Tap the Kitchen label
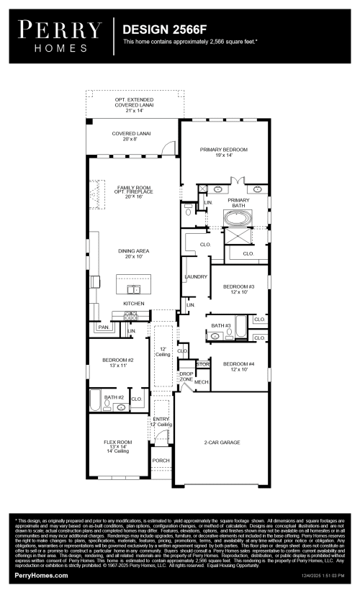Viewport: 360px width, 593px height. tap(134, 304)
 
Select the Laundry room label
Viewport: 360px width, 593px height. tap(196, 277)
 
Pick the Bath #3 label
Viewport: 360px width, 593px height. tap(220, 326)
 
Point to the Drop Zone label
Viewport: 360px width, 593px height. tap(186, 376)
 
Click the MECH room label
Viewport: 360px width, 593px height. tap(201, 381)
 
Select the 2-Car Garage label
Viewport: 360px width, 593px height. tap(222, 442)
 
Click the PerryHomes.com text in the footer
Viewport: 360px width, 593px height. tap(42, 576)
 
